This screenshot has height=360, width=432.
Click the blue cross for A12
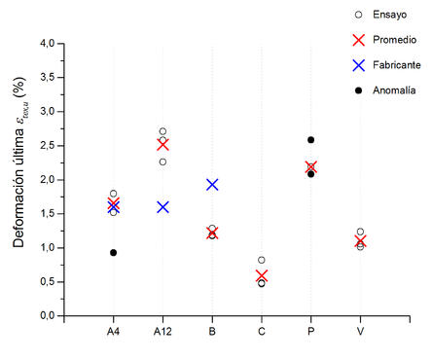click(162, 207)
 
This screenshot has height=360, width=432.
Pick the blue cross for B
click(212, 184)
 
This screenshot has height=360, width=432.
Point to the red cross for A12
click(162, 144)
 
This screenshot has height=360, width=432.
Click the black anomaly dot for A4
click(114, 253)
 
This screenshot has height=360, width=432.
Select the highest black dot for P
click(310, 140)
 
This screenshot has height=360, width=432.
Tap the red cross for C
click(261, 276)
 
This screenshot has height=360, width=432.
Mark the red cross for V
click(360, 241)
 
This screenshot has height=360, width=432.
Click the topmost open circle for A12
click(162, 131)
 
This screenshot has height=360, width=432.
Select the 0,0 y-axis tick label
click(48, 316)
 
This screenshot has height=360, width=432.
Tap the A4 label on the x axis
click(114, 332)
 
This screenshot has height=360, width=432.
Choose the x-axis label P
click(310, 332)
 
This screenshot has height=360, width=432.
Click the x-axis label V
click(360, 332)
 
